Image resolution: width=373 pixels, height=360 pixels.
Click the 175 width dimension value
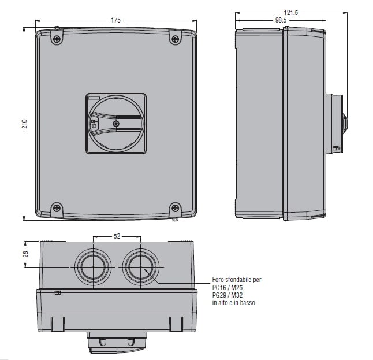tap(115, 20)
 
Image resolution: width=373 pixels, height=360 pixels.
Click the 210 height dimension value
tap(25, 124)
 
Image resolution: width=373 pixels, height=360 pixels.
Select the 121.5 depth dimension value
tap(290, 13)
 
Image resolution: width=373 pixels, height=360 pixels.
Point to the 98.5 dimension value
tap(281, 20)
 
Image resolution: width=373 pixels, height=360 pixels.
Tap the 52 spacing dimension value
tap(117, 236)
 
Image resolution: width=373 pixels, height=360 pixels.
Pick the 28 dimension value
tap(25, 254)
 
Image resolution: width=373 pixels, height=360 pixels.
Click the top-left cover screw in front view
tap(57, 39)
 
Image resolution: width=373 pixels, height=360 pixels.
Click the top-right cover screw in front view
tap(175, 39)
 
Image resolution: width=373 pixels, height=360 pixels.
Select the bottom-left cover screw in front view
tap(57, 208)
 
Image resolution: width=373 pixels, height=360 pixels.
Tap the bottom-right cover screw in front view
tap(175, 208)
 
